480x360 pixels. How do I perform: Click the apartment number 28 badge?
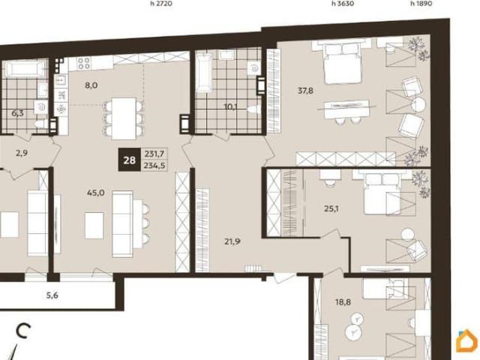click(130, 160)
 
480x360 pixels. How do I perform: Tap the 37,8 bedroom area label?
click(305, 91)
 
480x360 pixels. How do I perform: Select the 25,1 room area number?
click(331, 208)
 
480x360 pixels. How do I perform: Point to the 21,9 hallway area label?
click(232, 241)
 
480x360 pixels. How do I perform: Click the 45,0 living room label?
click(96, 193)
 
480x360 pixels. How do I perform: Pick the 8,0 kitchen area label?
click(91, 85)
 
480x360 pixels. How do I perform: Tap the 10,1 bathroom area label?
click(231, 106)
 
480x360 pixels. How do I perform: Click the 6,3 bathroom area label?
click(17, 113)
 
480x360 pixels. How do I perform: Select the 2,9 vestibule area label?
click(22, 153)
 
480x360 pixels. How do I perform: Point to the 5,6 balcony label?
click(52, 295)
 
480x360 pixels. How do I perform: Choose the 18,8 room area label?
click(343, 302)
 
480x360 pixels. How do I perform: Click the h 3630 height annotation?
click(343, 4)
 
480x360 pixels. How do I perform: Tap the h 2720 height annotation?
click(161, 4)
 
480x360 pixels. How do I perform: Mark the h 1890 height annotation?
click(421, 4)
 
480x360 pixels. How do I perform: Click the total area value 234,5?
click(154, 166)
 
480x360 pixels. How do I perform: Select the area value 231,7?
click(154, 153)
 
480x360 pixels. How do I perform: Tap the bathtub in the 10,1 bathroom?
click(204, 73)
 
